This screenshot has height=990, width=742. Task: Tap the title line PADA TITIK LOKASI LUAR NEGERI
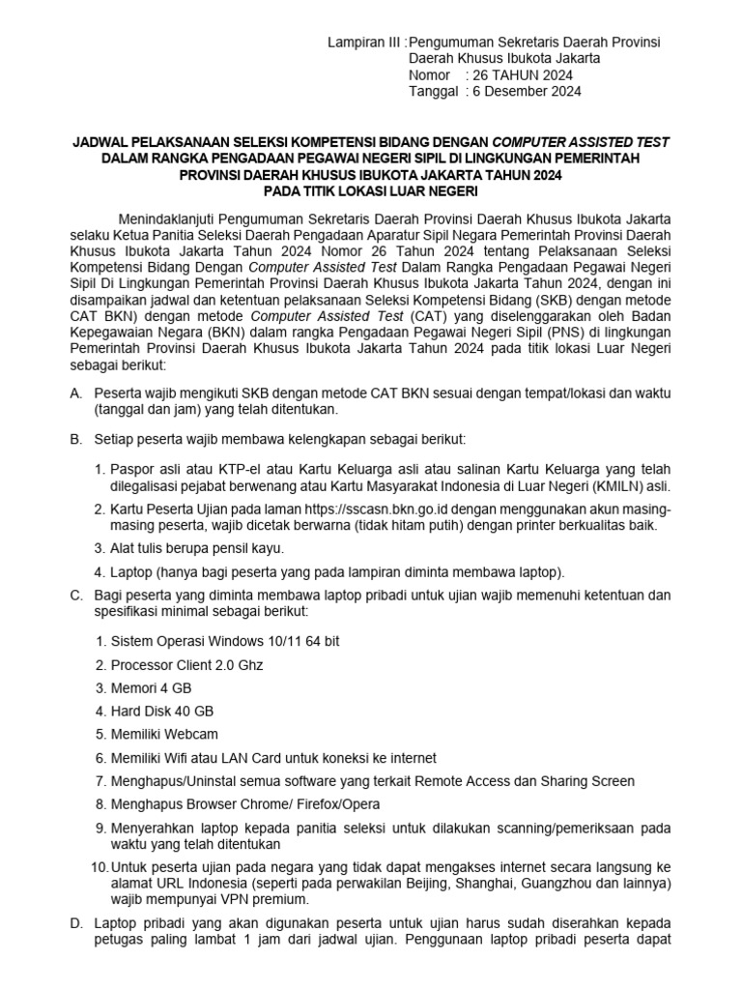371,191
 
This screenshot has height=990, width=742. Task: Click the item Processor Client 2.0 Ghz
186,665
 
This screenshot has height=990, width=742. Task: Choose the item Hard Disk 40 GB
162,712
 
